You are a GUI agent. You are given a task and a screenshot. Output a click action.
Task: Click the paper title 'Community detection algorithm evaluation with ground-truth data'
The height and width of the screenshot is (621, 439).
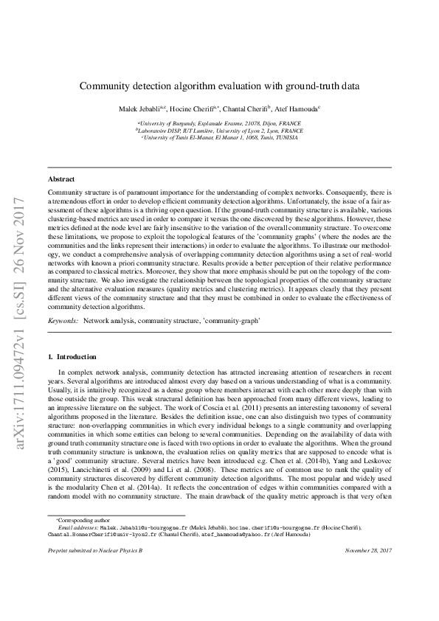[219, 86]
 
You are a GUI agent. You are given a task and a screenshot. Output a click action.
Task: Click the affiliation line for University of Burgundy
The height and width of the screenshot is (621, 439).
[219, 123]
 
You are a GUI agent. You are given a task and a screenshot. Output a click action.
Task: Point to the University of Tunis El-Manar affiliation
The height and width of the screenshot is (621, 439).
[219, 137]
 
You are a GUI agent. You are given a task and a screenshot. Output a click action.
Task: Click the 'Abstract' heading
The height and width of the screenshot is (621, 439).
[61, 179]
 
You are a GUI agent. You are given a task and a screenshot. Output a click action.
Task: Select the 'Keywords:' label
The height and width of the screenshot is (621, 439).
[63, 322]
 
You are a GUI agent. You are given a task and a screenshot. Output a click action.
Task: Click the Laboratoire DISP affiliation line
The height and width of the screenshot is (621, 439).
[219, 130]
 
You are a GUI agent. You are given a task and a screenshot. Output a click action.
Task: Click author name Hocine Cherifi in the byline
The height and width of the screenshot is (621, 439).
[190, 108]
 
